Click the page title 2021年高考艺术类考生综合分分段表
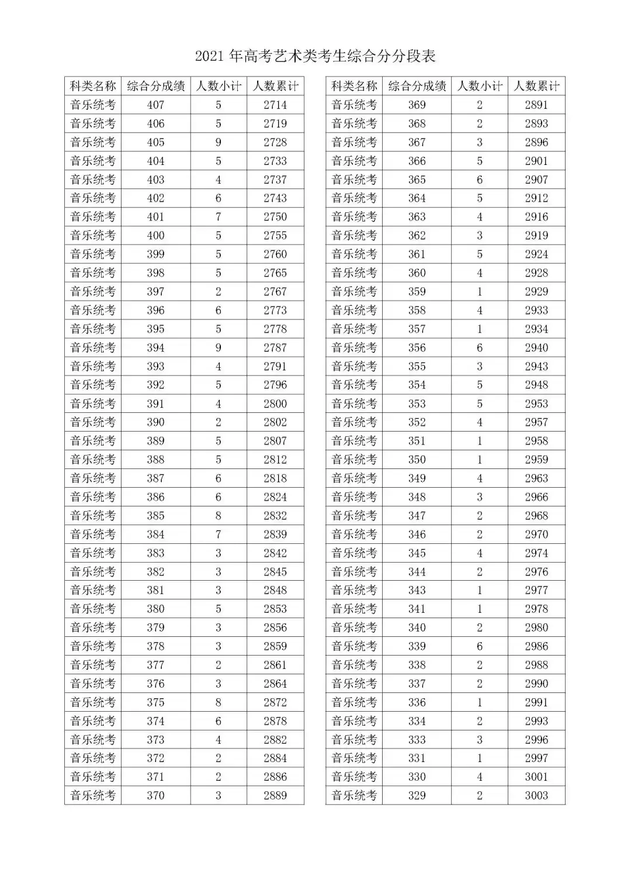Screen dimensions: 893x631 point(315,56)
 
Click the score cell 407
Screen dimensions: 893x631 point(155,105)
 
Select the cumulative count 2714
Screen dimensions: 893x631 point(275,105)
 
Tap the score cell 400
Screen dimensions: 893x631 point(155,236)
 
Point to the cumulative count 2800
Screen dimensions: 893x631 point(275,404)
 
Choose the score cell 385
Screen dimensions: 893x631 point(155,516)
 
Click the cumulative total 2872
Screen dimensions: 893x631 point(275,702)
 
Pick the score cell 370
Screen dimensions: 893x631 point(155,795)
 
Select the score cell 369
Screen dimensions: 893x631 point(417,105)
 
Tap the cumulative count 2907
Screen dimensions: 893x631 point(536,180)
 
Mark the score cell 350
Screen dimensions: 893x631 point(417,460)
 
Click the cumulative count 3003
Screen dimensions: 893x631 point(536,795)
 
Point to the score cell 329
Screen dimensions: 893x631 point(417,795)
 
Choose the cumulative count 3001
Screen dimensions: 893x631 point(536,777)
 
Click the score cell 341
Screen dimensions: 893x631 point(417,609)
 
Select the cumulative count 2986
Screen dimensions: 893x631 point(536,646)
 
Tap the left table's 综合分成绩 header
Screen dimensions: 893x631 point(155,87)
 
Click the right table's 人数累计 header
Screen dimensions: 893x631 point(536,87)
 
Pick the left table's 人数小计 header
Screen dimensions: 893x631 point(219,87)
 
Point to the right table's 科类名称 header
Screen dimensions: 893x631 point(354,87)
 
